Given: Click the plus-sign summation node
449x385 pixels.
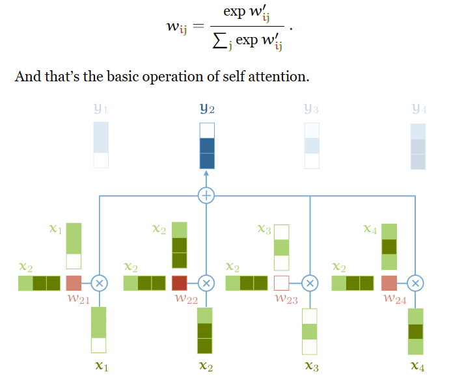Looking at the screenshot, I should tap(206, 195).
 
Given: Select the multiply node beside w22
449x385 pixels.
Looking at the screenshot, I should tap(206, 284).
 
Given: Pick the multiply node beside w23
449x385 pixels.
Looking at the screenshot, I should tap(310, 284).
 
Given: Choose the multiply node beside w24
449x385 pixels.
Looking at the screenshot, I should tap(415, 284).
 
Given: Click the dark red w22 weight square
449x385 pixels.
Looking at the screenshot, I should tap(179, 284).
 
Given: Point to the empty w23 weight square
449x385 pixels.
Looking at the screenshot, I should tap(282, 284).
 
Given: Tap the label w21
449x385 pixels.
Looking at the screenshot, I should tap(78, 299).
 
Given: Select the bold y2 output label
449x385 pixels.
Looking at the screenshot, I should tap(207, 109).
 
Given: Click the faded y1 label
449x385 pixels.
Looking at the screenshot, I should tap(101, 109).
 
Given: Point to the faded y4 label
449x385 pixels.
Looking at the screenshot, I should tap(418, 109).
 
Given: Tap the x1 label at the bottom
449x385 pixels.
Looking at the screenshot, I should tap(101, 367).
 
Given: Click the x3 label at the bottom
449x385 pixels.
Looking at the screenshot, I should tap(312, 367).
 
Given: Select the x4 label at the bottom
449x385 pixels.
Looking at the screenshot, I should tap(418, 367).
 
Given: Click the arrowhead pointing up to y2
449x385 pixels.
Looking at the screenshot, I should tap(206, 174).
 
